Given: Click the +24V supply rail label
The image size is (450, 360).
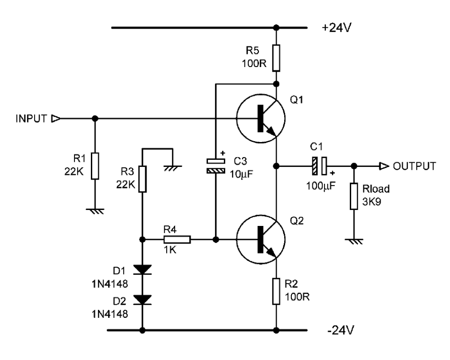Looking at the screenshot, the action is click(337, 28).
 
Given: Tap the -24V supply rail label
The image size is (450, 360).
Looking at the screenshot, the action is click(340, 330).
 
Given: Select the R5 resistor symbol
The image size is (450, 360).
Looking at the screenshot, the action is click(276, 58).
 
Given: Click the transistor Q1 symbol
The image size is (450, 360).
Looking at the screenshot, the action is click(260, 119).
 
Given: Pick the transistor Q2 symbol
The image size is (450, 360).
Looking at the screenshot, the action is click(260, 240).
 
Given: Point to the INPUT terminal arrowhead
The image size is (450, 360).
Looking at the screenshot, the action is click(56, 119).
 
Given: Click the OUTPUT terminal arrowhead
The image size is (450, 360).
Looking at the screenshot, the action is click(384, 166).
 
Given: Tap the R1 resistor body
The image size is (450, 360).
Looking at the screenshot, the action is click(95, 166).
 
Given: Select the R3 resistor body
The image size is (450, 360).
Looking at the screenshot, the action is click(142, 179).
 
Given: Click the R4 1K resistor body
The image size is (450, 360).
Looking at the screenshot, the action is click(177, 240).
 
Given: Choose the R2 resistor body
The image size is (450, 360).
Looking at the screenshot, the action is click(276, 291).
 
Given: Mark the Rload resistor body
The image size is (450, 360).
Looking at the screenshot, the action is click(354, 196).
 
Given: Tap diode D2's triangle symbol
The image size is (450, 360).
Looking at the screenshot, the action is click(142, 300).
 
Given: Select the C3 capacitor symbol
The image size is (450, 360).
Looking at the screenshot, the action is click(216, 166).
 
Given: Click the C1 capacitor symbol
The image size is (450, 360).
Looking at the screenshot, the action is click(319, 166).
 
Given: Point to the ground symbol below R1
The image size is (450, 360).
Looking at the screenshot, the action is click(95, 211).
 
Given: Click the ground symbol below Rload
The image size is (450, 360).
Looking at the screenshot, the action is click(354, 241).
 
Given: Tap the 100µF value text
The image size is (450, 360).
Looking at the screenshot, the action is click(321, 186).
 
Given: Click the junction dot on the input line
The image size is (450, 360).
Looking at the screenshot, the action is click(95, 119).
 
